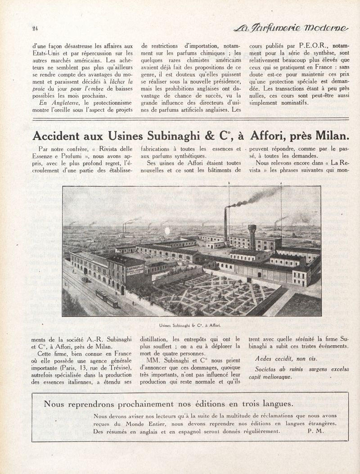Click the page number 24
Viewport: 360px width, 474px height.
(x=35, y=29)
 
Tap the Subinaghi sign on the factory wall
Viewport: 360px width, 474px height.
(x=135, y=270)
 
